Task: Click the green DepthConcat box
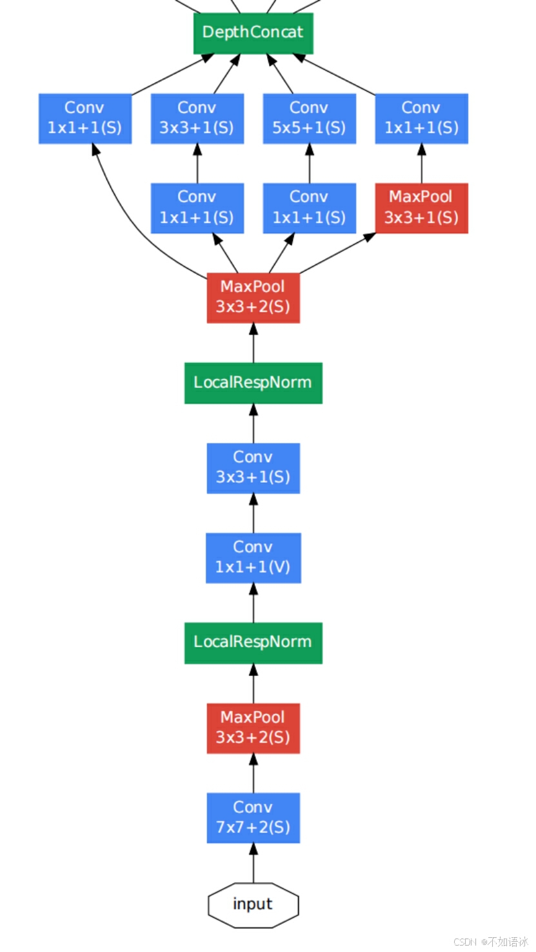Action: pos(253,33)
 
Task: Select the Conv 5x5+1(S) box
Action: pos(309,118)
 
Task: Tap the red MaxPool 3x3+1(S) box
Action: pos(421,208)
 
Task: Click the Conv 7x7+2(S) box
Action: pos(253,817)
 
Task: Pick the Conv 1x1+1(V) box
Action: pos(253,558)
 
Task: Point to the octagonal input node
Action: pos(253,904)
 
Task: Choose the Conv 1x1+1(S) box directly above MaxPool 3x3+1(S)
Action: pos(421,118)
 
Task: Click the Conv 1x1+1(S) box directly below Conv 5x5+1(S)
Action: pos(309,208)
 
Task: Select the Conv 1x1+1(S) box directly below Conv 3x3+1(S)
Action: pos(197,208)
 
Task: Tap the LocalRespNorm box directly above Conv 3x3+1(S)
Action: pos(253,383)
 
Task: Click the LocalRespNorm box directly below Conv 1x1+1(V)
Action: pos(253,643)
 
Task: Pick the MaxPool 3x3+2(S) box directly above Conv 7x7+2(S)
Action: pos(253,728)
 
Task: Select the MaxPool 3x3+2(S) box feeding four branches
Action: pos(253,297)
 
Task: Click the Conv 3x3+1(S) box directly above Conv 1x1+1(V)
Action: pos(253,468)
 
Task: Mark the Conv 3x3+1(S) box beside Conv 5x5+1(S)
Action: pos(197,118)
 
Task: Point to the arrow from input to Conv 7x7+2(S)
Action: pos(253,864)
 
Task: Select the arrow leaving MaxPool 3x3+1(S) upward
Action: pos(421,164)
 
